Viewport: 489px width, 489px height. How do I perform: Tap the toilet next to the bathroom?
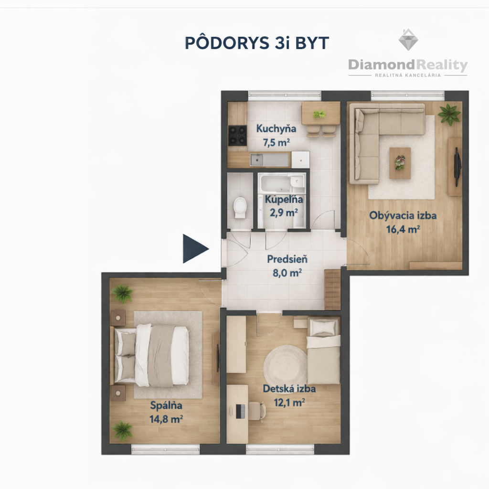tap(240, 207)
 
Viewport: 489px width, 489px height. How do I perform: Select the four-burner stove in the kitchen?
tap(237, 135)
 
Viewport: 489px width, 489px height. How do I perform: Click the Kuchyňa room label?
tap(276, 128)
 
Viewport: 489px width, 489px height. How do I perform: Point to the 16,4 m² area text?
tap(403, 229)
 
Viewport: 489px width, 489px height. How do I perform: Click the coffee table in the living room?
tap(400, 163)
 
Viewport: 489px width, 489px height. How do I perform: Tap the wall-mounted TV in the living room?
tap(457, 167)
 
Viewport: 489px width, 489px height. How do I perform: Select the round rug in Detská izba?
tap(286, 365)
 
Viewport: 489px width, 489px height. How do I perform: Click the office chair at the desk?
tap(256, 411)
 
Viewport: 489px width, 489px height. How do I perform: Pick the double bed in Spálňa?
tap(151, 355)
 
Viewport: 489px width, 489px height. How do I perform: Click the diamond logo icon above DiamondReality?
tap(408, 40)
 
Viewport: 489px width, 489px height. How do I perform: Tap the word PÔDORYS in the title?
tap(227, 43)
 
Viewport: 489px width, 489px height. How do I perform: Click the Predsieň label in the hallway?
tap(287, 259)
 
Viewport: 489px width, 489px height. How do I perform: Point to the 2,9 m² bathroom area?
tap(284, 213)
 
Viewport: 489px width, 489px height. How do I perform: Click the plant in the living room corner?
tap(449, 115)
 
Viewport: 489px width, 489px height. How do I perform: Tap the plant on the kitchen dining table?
tap(319, 114)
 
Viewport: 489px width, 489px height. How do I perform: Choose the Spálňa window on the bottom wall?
tap(166, 449)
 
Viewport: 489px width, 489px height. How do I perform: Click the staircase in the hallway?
tap(332, 289)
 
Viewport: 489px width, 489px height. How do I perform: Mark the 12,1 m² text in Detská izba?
tap(289, 403)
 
